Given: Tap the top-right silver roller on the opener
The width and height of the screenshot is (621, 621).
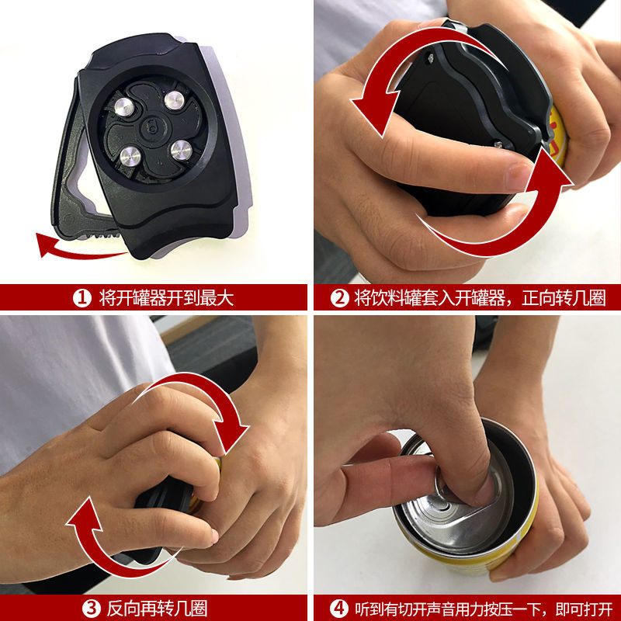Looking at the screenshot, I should [176, 99].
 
